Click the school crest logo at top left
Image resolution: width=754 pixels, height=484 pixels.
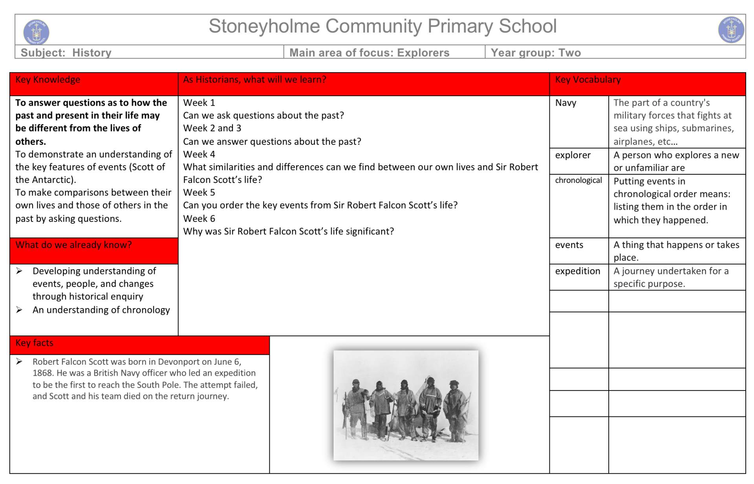(x=36, y=31)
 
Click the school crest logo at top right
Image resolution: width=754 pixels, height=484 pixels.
(x=731, y=30)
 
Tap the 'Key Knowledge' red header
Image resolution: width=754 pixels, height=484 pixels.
(x=48, y=80)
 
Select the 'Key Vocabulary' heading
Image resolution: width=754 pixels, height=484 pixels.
(x=587, y=80)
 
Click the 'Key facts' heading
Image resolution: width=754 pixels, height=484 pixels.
(x=34, y=343)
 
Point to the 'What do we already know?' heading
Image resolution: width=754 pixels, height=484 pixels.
(x=73, y=245)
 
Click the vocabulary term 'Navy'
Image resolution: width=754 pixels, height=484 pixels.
(x=565, y=103)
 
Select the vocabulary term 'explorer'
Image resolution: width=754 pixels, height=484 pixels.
(x=573, y=155)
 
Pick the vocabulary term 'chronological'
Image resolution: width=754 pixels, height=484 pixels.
(x=578, y=180)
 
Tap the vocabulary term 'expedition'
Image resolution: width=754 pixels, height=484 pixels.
(x=577, y=271)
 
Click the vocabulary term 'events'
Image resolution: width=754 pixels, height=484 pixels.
(x=569, y=245)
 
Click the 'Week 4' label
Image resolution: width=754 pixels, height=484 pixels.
(x=199, y=154)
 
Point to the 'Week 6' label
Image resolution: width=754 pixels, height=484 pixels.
(x=199, y=219)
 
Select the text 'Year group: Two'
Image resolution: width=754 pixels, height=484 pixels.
(x=536, y=53)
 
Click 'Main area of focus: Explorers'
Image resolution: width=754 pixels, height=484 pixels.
(x=369, y=53)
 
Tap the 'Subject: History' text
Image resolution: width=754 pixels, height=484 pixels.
(x=66, y=53)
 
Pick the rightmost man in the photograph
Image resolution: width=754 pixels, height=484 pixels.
(x=455, y=410)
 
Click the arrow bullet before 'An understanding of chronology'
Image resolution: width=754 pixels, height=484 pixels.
(x=19, y=310)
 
